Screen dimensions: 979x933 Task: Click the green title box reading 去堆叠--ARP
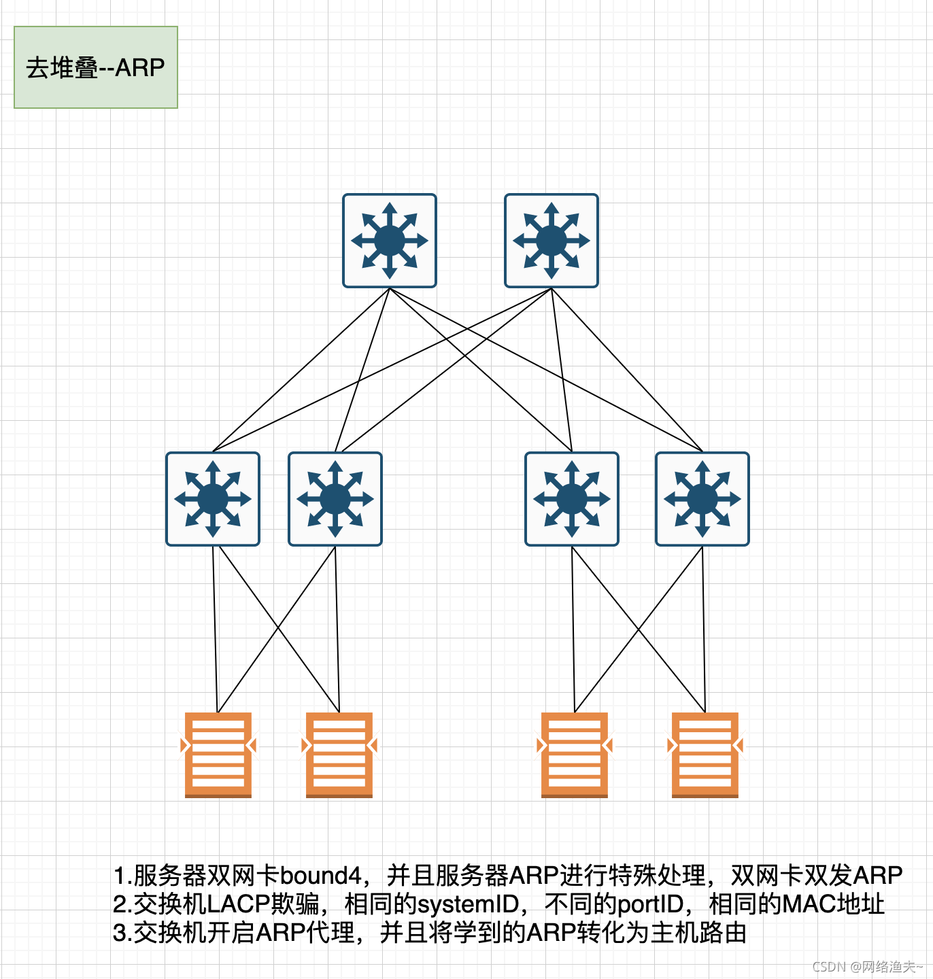96,67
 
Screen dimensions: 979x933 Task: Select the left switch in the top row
390,241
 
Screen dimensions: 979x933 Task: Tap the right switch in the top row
552,241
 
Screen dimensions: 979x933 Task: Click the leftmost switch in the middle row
213,499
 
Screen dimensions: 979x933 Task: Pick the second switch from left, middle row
335,499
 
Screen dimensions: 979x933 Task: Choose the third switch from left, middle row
572,499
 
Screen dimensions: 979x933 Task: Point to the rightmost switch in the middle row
702,499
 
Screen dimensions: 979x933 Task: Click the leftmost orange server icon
218,755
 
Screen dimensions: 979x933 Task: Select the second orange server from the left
339,755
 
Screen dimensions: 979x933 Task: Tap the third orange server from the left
575,755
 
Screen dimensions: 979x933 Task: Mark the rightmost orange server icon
705,755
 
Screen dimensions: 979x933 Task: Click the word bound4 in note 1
320,876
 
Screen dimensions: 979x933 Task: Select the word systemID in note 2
467,904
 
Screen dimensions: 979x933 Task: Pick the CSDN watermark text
867,967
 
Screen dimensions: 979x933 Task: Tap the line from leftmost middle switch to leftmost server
215,629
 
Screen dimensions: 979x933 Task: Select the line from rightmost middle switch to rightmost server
704,629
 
